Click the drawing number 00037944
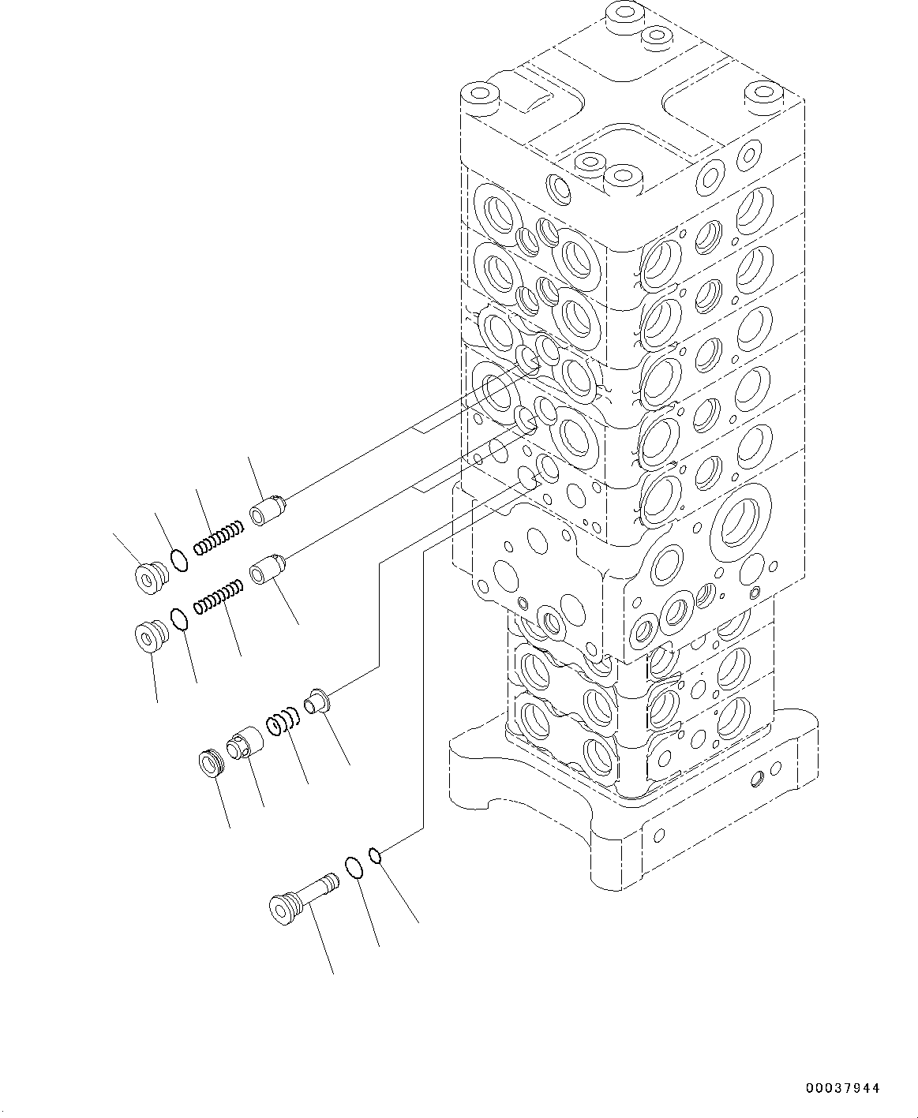[x=841, y=1088]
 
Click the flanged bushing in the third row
[x=317, y=701]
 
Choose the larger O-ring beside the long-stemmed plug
[x=354, y=867]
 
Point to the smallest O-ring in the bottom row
[x=377, y=854]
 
